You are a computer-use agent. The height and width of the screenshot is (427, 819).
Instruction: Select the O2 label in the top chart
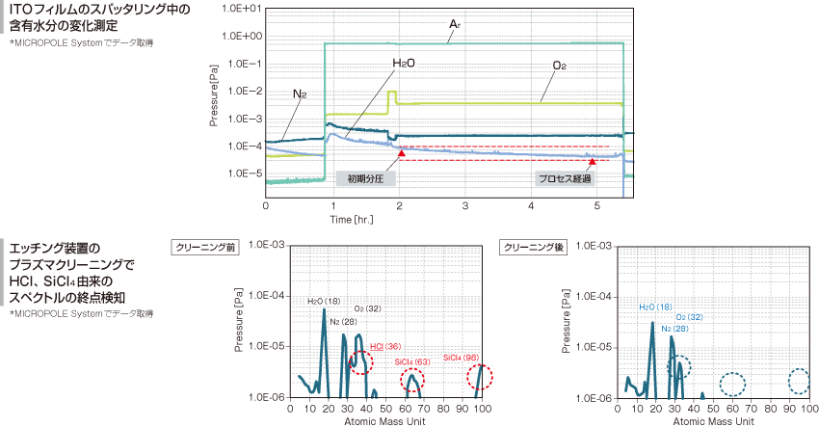click(559, 65)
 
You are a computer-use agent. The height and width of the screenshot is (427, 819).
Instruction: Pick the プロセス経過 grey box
click(564, 178)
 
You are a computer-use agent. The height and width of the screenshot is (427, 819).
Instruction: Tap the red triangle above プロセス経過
click(592, 160)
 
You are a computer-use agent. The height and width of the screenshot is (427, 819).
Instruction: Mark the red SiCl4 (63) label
click(411, 361)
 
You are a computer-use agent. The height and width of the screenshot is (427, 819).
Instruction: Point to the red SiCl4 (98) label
click(462, 358)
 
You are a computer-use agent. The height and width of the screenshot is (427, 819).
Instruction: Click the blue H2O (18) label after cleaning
click(654, 307)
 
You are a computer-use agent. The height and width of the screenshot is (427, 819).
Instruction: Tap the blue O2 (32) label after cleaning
click(688, 316)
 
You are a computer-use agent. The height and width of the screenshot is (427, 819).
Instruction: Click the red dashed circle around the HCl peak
click(360, 361)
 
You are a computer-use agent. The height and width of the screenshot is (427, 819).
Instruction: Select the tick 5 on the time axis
click(597, 206)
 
